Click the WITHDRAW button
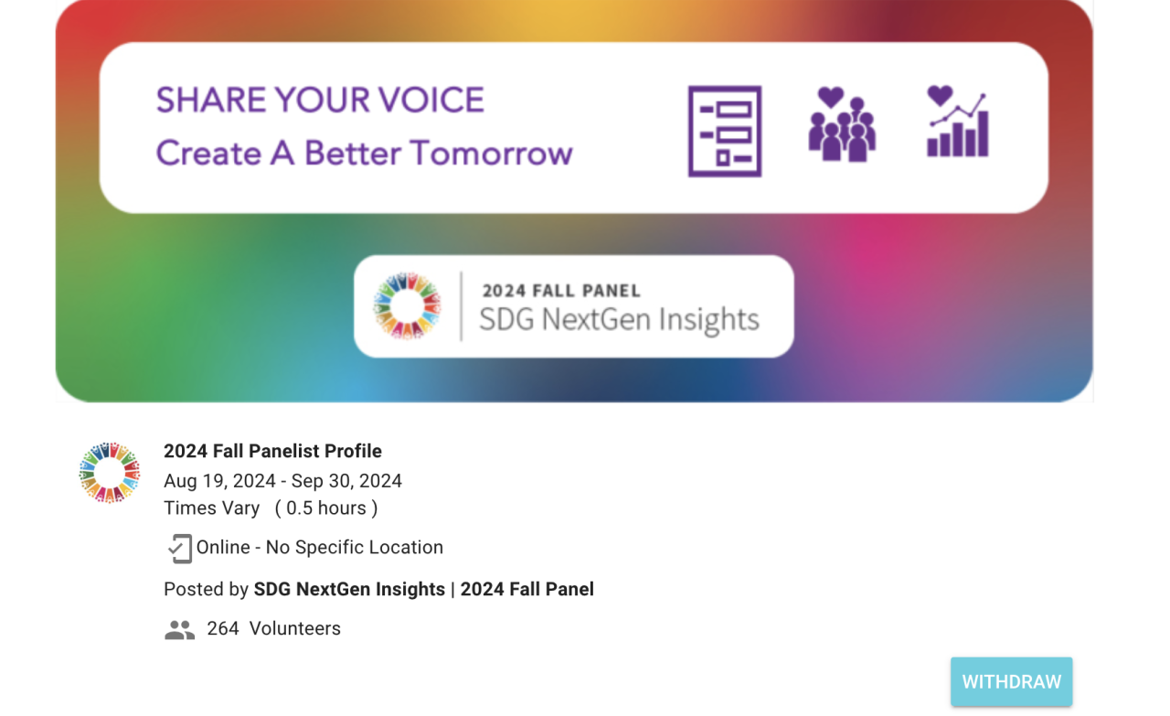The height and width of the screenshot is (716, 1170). click(1011, 681)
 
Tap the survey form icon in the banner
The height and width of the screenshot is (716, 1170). click(725, 131)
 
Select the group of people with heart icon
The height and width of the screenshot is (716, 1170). click(842, 123)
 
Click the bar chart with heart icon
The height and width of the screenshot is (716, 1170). click(958, 122)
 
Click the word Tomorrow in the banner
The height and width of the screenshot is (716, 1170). click(491, 153)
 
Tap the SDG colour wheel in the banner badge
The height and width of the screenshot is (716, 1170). click(407, 305)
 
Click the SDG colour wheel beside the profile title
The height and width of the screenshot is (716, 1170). click(109, 473)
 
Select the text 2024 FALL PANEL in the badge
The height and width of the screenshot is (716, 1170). click(561, 291)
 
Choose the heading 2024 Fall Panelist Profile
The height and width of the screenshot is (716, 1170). click(272, 451)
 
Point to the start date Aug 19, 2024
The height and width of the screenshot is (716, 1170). click(219, 481)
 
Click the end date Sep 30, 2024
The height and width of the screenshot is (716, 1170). click(346, 481)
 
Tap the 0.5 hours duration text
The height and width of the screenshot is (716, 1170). click(326, 508)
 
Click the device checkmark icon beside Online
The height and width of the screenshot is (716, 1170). click(179, 549)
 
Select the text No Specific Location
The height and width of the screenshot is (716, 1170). click(354, 547)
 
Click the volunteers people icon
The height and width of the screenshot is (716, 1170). click(179, 630)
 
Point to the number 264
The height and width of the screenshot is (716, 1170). click(223, 628)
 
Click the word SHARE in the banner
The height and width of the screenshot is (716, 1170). click(211, 100)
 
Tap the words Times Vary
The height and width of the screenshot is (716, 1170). click(211, 508)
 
